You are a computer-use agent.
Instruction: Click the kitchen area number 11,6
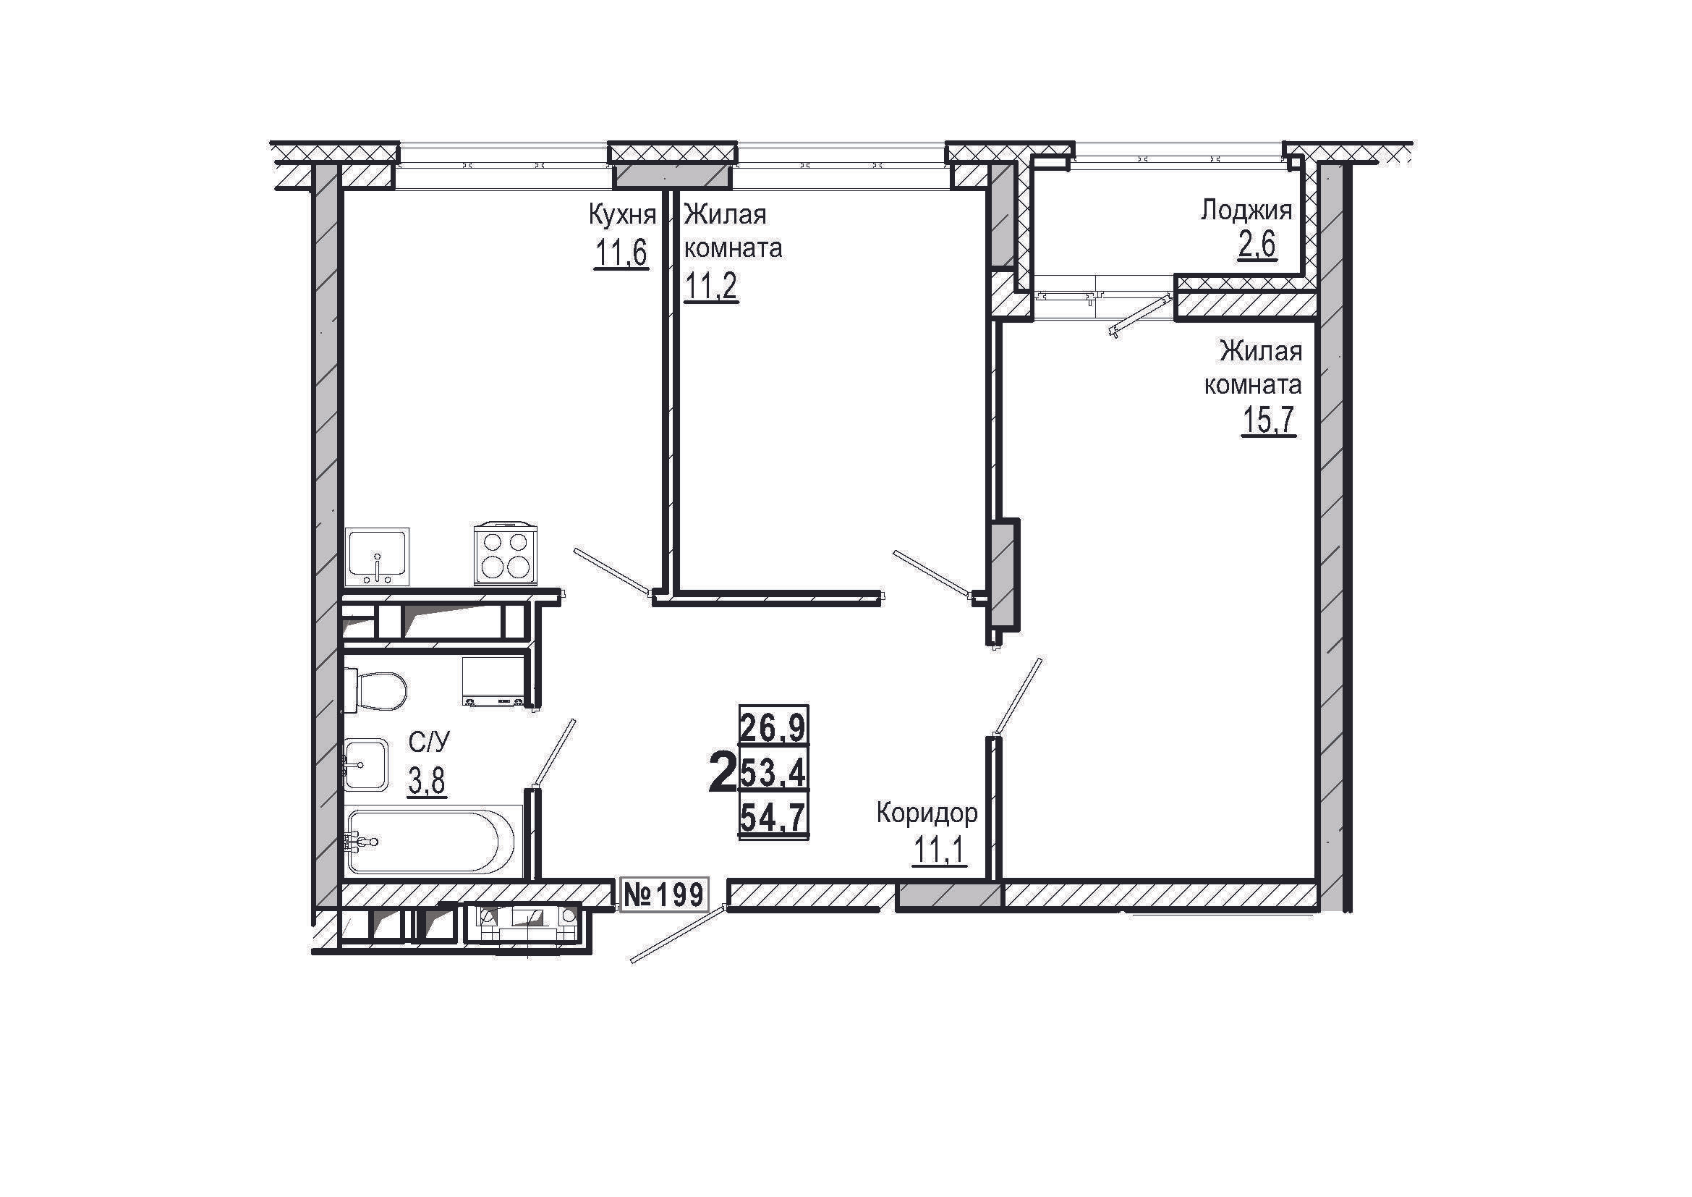pos(621,254)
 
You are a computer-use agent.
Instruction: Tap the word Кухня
pos(622,215)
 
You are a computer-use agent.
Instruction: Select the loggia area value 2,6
pos(1257,245)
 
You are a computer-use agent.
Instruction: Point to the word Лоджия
pos(1246,211)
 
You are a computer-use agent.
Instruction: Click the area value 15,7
pos(1269,421)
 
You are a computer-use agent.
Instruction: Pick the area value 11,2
pos(711,287)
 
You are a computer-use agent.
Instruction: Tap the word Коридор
pos(927,813)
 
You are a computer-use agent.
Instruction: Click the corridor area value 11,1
pos(939,850)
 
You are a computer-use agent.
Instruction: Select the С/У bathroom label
pos(428,743)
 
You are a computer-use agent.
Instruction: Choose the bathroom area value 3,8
pos(428,782)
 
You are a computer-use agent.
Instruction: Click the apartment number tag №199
pos(663,894)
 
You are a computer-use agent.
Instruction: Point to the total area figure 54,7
pos(773,817)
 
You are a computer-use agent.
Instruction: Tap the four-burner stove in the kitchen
pos(506,554)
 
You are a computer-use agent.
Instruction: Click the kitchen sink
pos(378,557)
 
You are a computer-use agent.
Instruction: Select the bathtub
pos(433,841)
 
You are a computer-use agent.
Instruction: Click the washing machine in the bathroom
pos(494,681)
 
